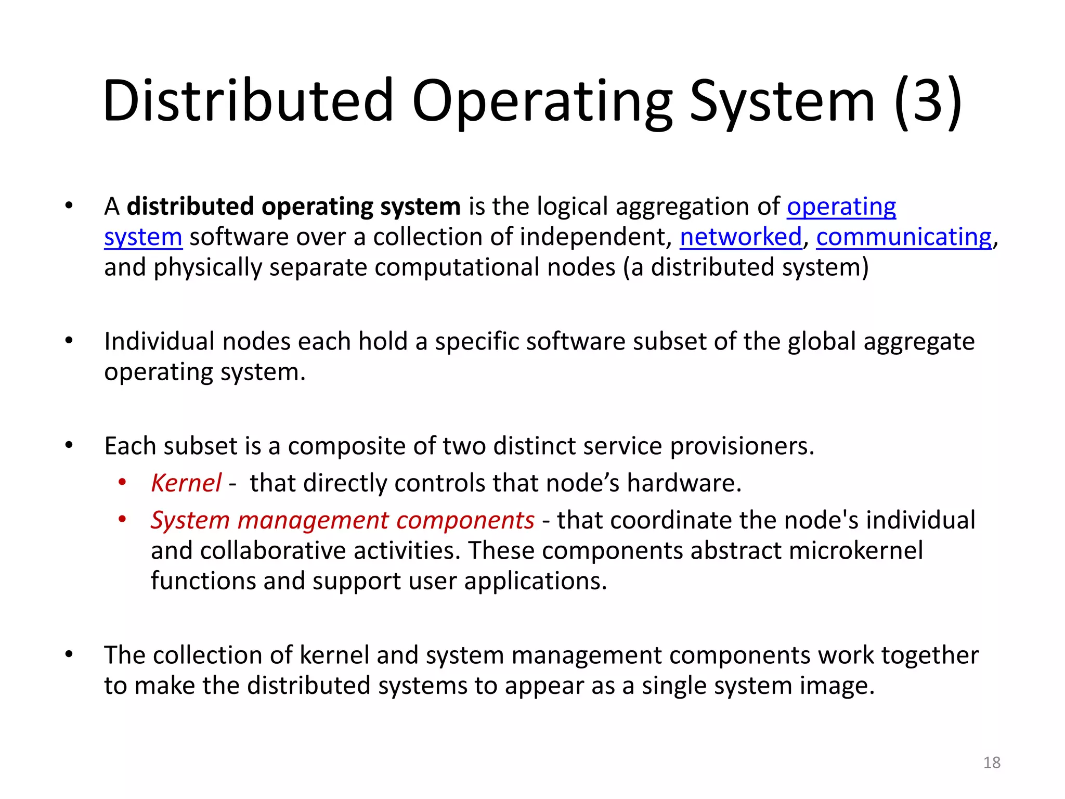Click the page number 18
pos(992,763)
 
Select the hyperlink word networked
pos(741,237)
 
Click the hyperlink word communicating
pos(904,237)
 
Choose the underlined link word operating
pos(841,207)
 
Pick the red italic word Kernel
pos(186,483)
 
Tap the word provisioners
pos(742,446)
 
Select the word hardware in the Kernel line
pos(684,483)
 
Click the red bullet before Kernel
pos(122,483)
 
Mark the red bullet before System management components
pos(122,520)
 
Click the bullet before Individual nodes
pos(69,341)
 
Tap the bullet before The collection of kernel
pos(69,655)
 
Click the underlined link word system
pos(143,237)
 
